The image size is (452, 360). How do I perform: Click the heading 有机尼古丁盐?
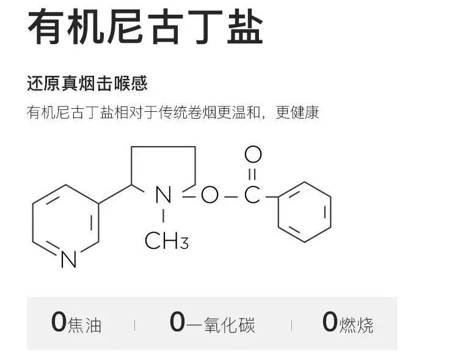[145, 28]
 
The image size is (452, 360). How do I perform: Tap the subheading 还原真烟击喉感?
[87, 83]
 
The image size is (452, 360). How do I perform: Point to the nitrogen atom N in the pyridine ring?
[69, 260]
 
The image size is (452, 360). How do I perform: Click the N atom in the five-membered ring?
[163, 196]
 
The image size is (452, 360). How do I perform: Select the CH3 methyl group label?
[166, 241]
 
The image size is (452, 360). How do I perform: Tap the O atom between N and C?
[210, 196]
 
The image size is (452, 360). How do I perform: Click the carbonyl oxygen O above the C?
[253, 155]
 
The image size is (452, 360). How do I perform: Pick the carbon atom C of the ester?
[252, 196]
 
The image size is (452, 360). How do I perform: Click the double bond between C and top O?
[253, 175]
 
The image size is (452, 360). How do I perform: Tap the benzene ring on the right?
[304, 211]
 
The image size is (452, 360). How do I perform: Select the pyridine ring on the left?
[65, 223]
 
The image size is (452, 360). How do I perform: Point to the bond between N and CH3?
[163, 216]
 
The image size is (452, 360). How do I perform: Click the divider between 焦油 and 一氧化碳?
[135, 325]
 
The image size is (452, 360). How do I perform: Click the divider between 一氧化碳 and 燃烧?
[291, 325]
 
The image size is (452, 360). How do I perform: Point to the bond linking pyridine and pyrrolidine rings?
[115, 193]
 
